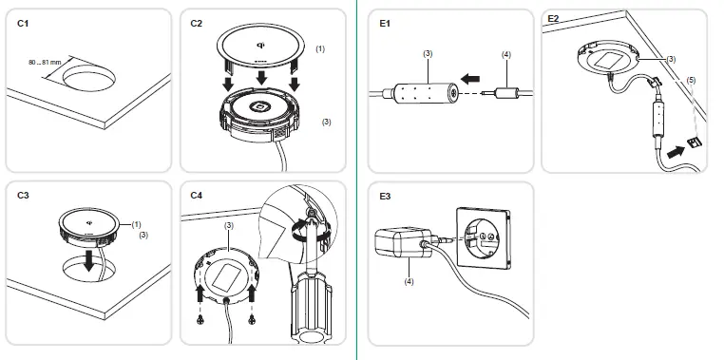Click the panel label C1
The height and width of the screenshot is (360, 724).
point(23,23)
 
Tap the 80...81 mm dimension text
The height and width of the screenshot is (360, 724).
point(45,62)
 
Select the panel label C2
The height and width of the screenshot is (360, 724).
point(197,23)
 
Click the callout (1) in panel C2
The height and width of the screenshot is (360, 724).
point(320,48)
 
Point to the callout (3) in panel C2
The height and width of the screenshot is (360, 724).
point(327,122)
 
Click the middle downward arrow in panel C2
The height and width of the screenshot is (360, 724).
point(262,77)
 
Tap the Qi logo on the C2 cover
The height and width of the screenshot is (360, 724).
point(260,45)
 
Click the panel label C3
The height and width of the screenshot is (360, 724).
point(23,196)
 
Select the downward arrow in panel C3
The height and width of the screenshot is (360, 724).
point(89,260)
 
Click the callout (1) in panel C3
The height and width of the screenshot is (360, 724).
point(136,224)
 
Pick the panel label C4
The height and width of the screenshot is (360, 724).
point(197,196)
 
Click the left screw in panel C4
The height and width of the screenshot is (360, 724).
point(200,318)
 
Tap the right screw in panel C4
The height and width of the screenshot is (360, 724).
point(252,318)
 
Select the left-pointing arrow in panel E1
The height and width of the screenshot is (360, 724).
point(470,80)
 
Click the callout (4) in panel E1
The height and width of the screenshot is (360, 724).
point(506,54)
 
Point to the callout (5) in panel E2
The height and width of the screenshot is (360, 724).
point(691,80)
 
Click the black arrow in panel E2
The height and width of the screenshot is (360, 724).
point(676,152)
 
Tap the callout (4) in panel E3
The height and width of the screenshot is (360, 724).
point(410,281)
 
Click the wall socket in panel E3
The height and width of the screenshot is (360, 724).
point(484,238)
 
